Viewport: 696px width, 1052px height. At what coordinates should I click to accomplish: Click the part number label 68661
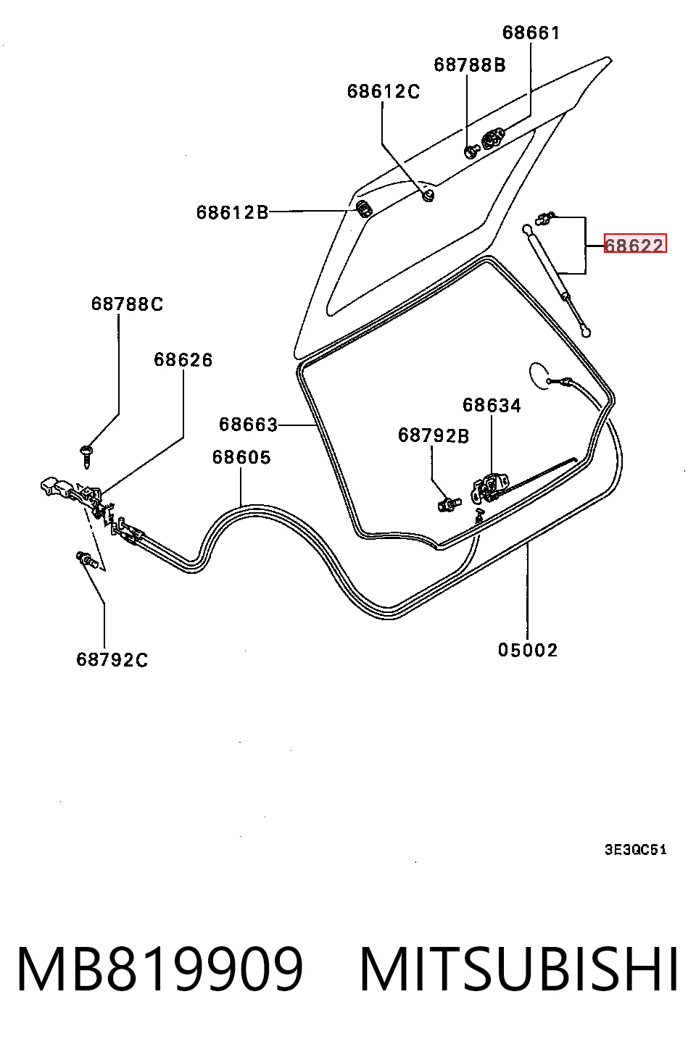531,33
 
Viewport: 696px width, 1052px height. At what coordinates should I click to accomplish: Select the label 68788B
470,64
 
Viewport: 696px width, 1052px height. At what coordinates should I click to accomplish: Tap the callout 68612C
384,91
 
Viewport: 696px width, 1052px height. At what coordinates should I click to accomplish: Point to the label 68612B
232,213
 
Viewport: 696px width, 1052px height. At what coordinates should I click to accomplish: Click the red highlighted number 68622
635,243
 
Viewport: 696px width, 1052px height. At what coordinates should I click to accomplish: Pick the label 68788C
127,304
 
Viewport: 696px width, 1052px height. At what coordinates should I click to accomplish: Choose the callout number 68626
183,360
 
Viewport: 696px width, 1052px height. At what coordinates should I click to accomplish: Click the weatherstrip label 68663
249,425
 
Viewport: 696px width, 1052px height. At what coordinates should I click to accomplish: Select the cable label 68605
241,457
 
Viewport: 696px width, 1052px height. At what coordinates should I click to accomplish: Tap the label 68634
492,405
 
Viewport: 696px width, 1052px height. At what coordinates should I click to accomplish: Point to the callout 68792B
434,436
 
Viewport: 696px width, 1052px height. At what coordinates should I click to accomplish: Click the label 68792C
112,660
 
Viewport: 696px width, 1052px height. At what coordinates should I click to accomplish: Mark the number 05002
528,651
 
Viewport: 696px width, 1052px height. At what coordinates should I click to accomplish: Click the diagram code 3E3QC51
635,850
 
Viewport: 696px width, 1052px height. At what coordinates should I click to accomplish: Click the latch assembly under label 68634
490,488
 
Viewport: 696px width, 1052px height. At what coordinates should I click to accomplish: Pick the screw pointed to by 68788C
86,456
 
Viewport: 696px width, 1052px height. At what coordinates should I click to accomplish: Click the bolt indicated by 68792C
87,559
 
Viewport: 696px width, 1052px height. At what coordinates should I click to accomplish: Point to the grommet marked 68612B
364,209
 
